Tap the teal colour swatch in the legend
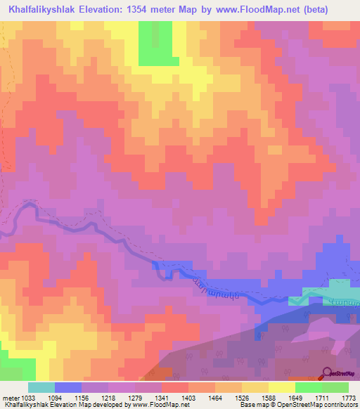[41, 387]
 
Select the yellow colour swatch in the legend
[281, 387]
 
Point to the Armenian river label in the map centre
[210, 283]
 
